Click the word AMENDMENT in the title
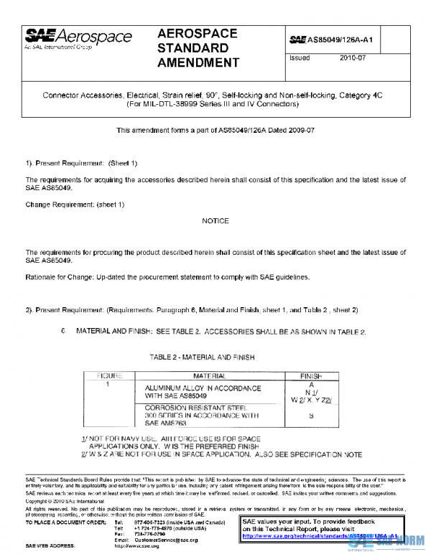(x=198, y=62)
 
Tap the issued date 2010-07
(x=353, y=58)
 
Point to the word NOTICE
(x=215, y=221)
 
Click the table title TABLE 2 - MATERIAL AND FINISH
(x=202, y=357)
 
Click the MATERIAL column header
(x=209, y=375)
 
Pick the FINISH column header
(x=310, y=375)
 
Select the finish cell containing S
(x=310, y=416)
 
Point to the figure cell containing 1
(x=108, y=385)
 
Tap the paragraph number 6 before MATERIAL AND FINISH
(x=63, y=332)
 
